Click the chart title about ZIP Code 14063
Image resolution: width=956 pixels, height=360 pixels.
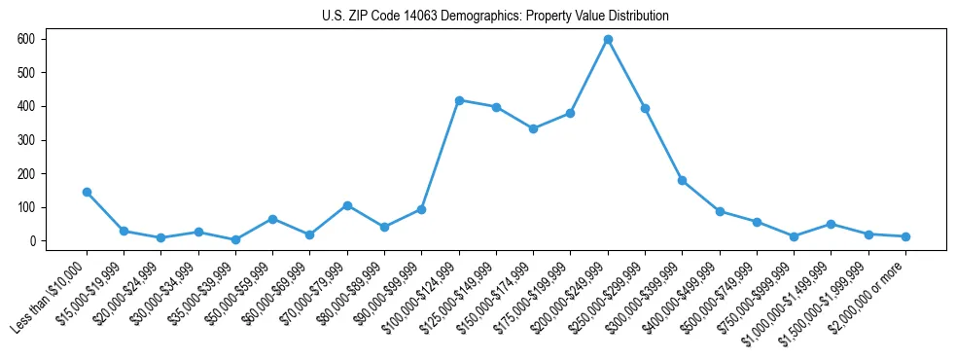[495, 17]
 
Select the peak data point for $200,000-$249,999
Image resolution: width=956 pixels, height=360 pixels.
[608, 39]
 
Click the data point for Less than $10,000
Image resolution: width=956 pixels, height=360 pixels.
[87, 192]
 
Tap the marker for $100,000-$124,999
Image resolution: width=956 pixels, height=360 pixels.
[459, 100]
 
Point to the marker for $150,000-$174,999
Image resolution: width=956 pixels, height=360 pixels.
[533, 128]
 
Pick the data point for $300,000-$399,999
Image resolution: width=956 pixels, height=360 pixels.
[683, 180]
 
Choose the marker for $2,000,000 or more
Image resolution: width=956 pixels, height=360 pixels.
[905, 236]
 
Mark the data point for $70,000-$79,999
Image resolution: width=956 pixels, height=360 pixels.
[347, 205]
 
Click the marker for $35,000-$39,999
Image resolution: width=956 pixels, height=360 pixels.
[235, 239]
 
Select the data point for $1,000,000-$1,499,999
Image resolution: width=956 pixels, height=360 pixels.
[832, 224]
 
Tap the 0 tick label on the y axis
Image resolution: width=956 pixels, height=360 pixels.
[33, 241]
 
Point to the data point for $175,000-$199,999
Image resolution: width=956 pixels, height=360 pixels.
[570, 113]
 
